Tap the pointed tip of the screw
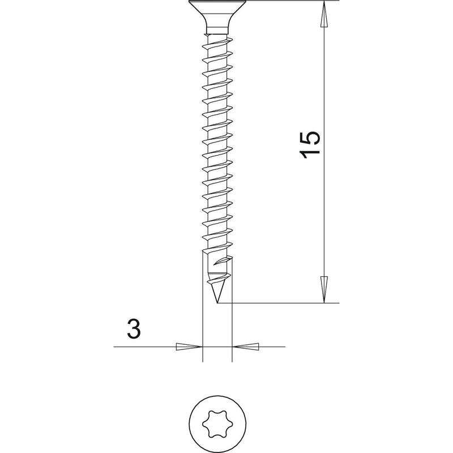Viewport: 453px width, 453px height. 217,303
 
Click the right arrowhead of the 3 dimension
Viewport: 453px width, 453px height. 246,347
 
